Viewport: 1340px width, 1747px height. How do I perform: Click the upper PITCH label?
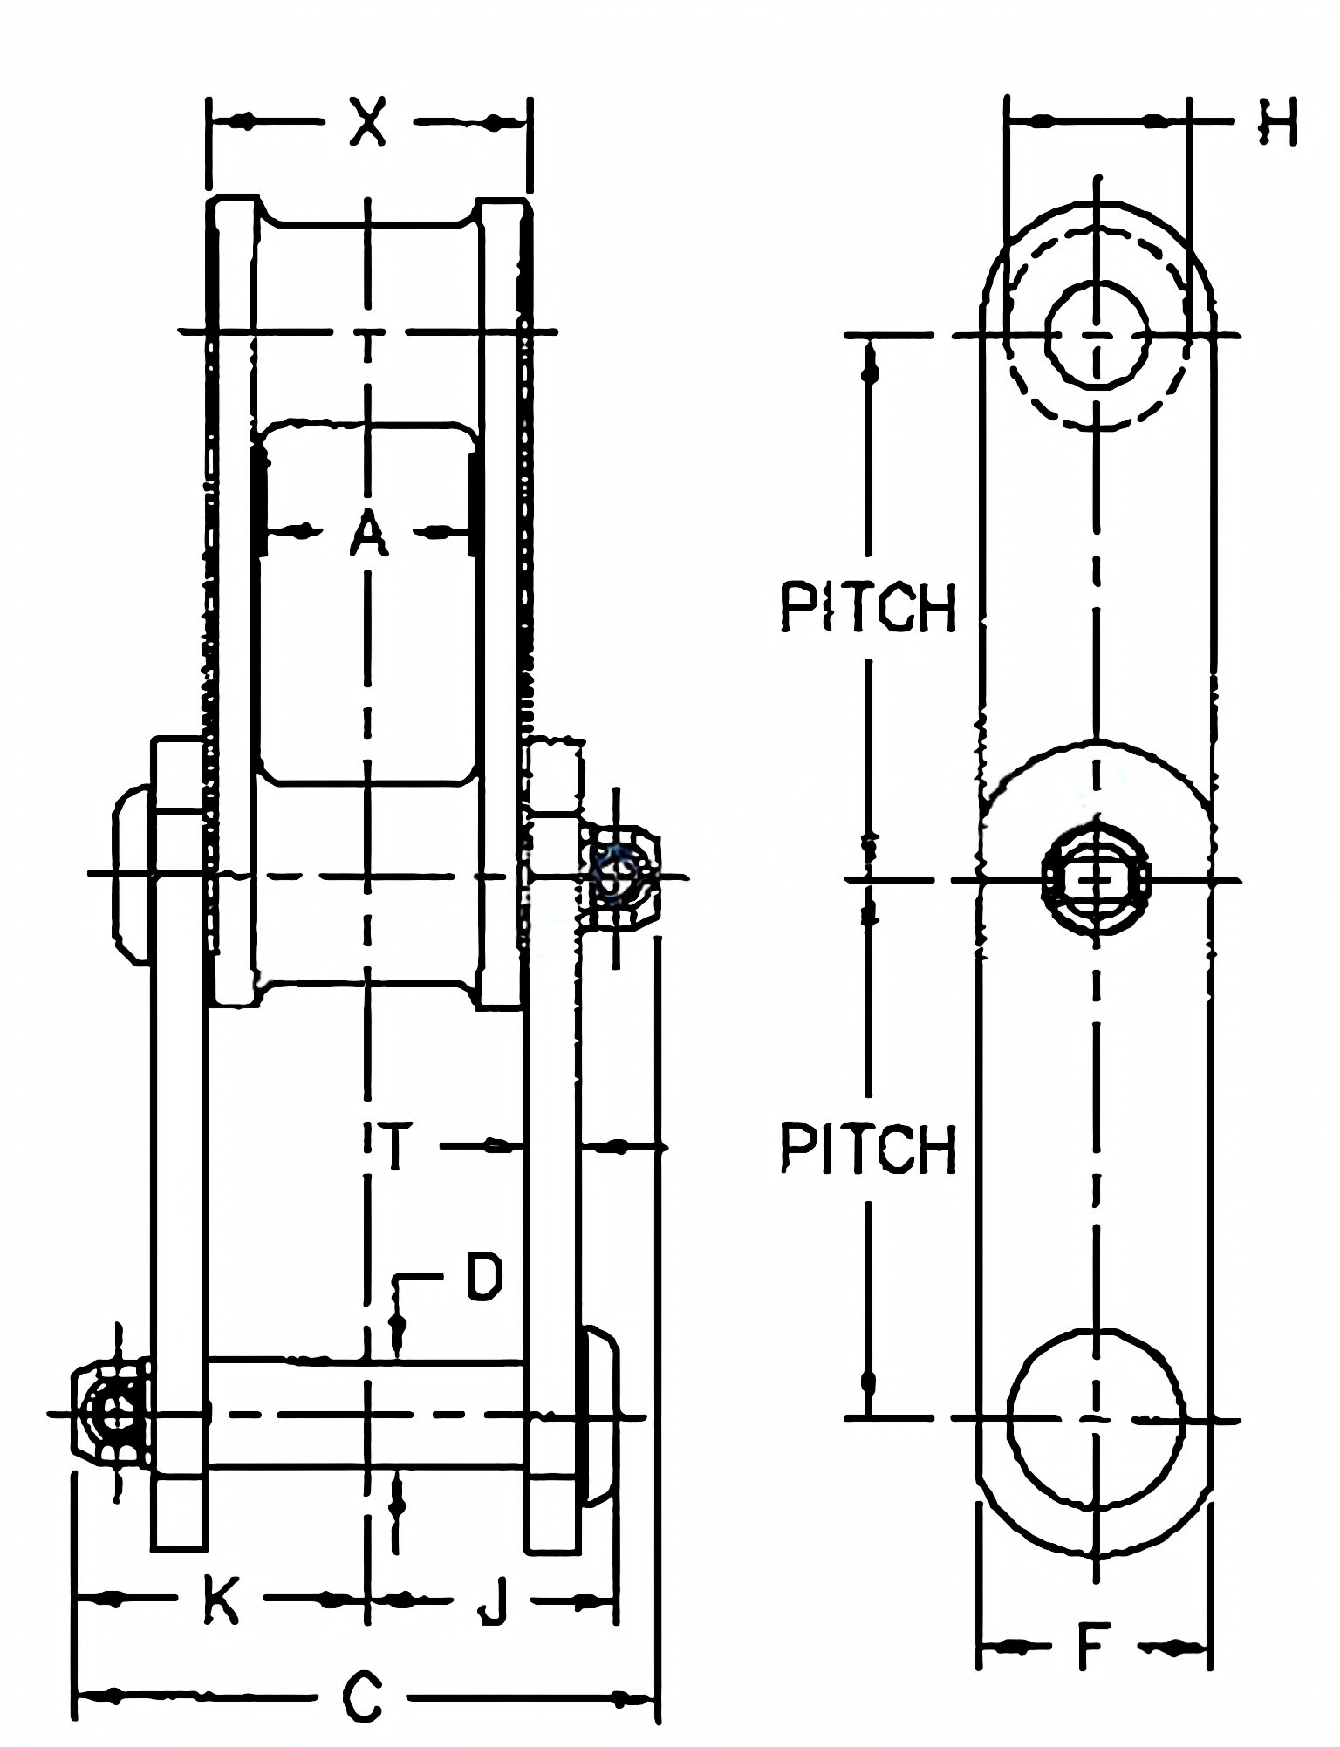(869, 607)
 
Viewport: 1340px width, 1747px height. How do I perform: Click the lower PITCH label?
(869, 1148)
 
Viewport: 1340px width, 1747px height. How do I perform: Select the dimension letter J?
(494, 1600)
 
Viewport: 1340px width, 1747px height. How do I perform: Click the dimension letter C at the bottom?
(362, 1696)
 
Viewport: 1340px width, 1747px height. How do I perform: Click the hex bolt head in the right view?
(1096, 879)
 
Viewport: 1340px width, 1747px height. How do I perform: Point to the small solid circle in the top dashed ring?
(1097, 334)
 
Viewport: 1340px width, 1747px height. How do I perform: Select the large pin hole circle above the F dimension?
(1096, 1419)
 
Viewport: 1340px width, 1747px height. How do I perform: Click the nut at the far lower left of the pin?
(110, 1416)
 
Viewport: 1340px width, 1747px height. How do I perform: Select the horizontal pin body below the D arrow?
(366, 1413)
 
